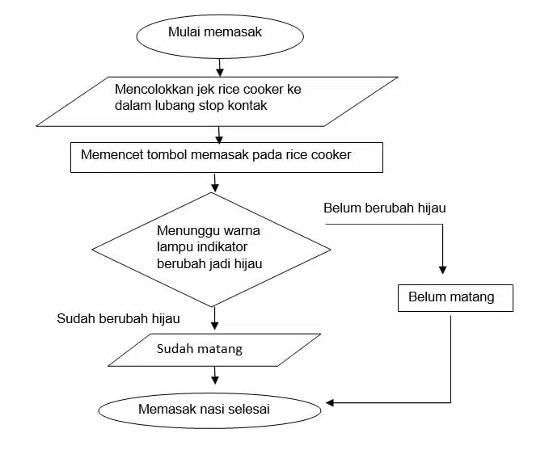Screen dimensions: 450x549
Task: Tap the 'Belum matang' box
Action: point(456,297)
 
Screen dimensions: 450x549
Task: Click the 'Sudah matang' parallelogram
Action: point(214,350)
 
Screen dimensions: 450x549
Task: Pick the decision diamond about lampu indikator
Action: point(212,248)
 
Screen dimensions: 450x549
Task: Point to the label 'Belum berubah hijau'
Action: point(385,208)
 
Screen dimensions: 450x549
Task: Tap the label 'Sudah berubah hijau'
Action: point(118,318)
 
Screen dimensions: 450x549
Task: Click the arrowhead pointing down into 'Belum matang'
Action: point(442,269)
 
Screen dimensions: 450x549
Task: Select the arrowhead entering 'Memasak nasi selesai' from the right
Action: point(330,402)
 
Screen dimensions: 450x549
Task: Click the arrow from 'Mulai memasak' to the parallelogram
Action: point(220,65)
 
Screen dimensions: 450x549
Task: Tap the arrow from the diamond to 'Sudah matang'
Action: point(214,319)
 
